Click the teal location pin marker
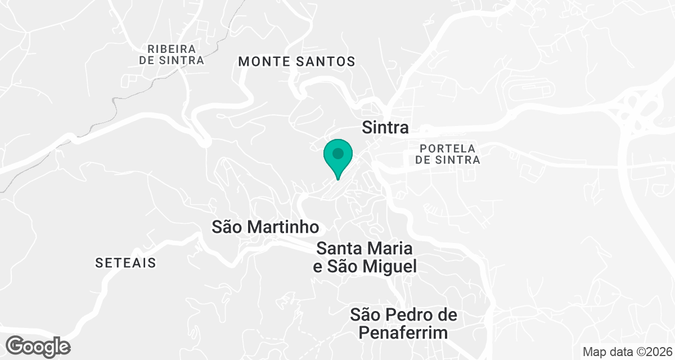(x=337, y=157)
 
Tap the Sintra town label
(x=385, y=128)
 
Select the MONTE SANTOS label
(x=297, y=62)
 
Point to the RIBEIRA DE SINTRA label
(x=172, y=55)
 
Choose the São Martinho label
(x=265, y=227)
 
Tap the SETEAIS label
(x=125, y=263)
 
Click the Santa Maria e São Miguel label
(x=365, y=257)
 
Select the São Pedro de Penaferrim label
(x=403, y=323)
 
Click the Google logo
(x=39, y=346)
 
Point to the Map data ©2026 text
(x=626, y=352)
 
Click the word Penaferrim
(x=403, y=332)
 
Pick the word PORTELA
(x=448, y=148)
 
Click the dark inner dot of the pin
(x=337, y=153)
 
